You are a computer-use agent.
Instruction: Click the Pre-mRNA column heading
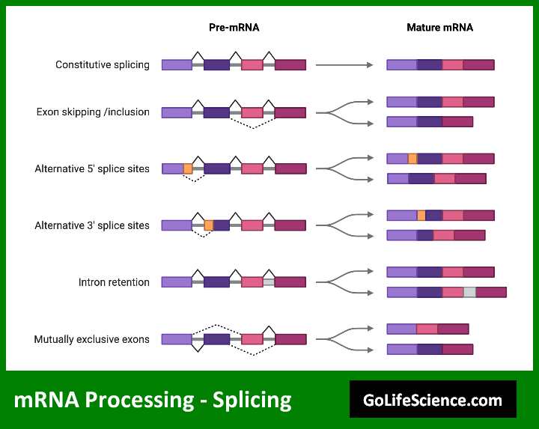coord(234,28)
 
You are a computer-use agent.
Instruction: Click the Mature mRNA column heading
coord(439,28)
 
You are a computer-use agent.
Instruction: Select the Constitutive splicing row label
coord(103,64)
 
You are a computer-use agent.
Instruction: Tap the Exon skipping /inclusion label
coord(93,112)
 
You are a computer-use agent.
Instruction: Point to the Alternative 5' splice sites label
coord(92,168)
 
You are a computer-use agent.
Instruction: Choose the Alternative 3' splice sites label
coord(92,225)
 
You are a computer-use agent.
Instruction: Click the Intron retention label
coord(114,282)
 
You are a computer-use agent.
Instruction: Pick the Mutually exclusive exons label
coord(92,339)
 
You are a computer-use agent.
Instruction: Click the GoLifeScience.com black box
coord(433,399)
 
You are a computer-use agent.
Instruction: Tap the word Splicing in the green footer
coord(252,400)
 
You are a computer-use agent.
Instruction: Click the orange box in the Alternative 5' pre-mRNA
coord(188,168)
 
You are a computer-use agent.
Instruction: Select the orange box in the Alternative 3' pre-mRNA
coord(209,225)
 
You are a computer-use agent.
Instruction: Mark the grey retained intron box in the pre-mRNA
coord(269,282)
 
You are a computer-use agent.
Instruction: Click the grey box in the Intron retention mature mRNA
coord(469,292)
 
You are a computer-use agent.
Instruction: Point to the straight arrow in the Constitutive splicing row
coord(344,65)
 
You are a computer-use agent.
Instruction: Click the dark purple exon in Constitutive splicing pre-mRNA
coord(216,64)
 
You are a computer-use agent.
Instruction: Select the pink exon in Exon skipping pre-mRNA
coord(252,112)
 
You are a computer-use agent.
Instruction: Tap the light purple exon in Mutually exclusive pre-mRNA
coord(177,339)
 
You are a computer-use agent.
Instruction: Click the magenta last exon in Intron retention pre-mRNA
coord(290,282)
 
